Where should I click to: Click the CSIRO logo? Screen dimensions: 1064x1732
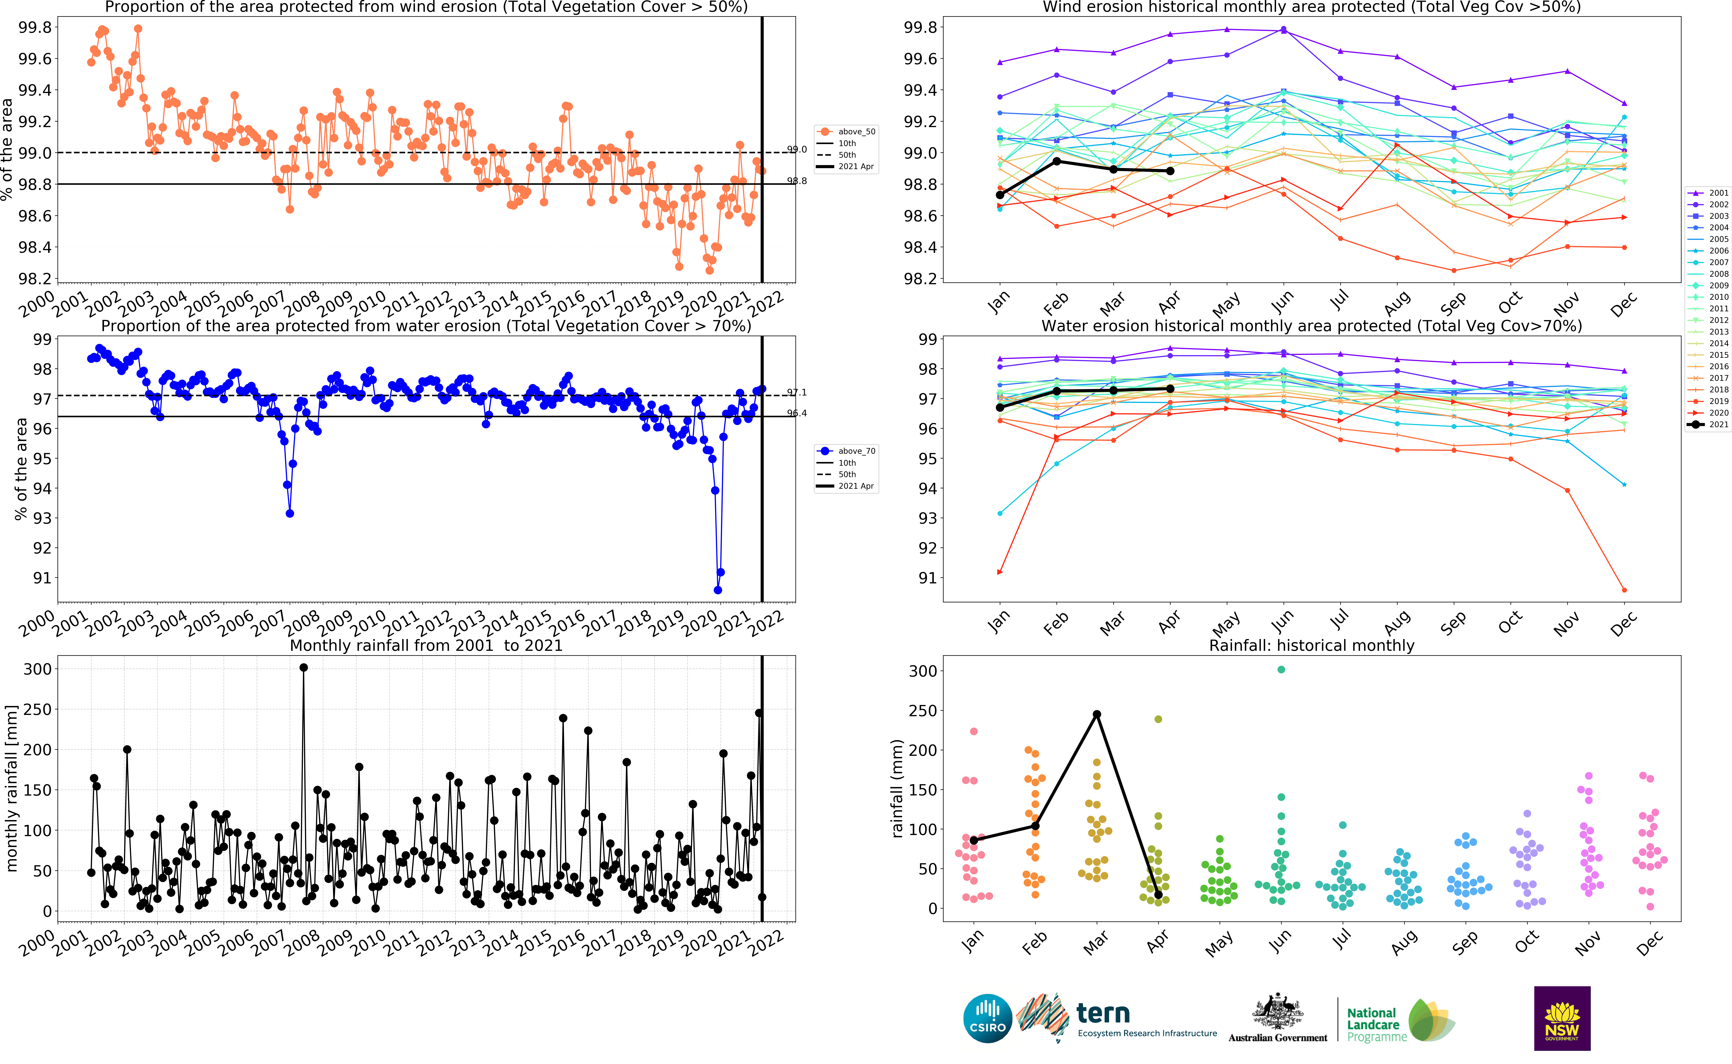pos(987,1018)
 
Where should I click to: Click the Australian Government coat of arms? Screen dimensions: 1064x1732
pos(1277,1013)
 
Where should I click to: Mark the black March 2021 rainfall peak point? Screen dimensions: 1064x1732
pos(1097,714)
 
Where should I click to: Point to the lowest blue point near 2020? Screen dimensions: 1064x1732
pos(718,590)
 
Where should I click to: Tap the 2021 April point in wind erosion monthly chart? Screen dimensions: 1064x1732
pos(1170,171)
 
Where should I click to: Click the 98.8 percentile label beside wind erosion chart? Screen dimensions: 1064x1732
pos(797,181)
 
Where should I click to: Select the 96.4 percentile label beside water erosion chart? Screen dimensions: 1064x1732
pos(797,413)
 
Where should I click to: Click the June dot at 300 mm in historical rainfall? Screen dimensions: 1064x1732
pos(1281,670)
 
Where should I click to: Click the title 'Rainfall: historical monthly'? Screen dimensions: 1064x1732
pos(1311,645)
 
